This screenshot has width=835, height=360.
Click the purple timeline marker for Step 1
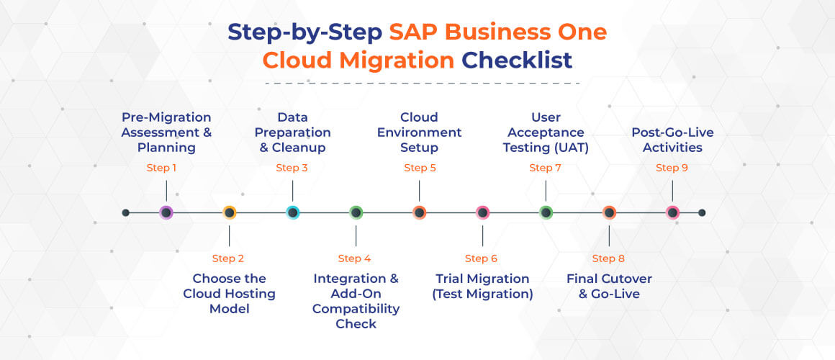point(166,212)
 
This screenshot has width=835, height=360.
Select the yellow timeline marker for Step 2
point(229,212)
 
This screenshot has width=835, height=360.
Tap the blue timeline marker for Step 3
point(292,212)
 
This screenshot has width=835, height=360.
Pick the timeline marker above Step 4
point(356,212)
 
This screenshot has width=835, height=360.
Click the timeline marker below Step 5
point(419,212)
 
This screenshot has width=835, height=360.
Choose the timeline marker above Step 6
point(482,212)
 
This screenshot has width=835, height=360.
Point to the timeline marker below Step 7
point(546,212)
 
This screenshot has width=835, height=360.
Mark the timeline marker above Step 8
point(609,212)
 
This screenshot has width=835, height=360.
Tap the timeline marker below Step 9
point(672,212)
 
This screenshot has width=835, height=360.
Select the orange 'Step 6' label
point(481,258)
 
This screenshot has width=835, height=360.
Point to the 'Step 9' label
point(672,168)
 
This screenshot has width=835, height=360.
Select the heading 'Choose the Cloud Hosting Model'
point(229,294)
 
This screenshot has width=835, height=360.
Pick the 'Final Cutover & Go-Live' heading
point(608,287)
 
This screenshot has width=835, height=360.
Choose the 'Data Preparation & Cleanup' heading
point(293,132)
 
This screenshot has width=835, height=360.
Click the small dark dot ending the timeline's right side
point(702,212)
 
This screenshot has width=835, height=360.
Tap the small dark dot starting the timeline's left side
point(126,212)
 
